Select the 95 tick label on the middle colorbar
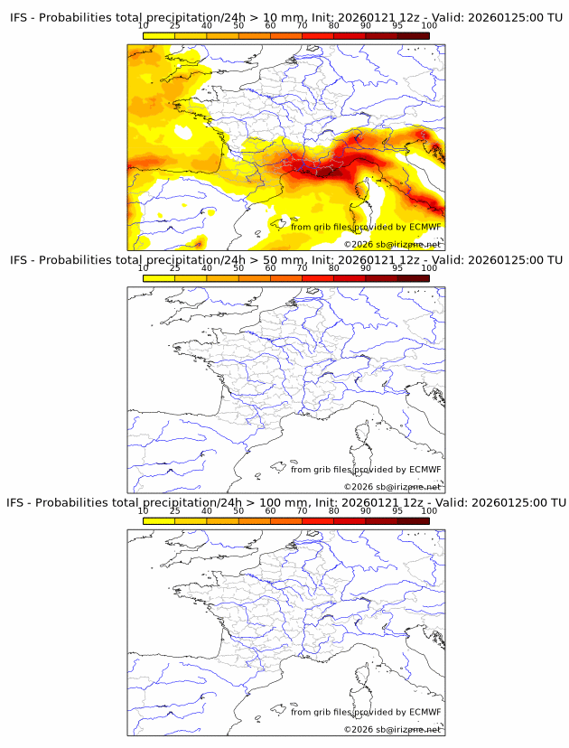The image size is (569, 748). coord(397,267)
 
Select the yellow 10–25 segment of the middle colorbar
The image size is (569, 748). coord(159,277)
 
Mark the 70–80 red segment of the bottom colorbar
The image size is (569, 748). coord(317,519)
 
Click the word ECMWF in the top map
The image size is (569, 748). coord(424,227)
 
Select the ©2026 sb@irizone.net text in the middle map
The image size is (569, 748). coord(392,487)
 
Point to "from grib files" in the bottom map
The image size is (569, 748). coord(321,711)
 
